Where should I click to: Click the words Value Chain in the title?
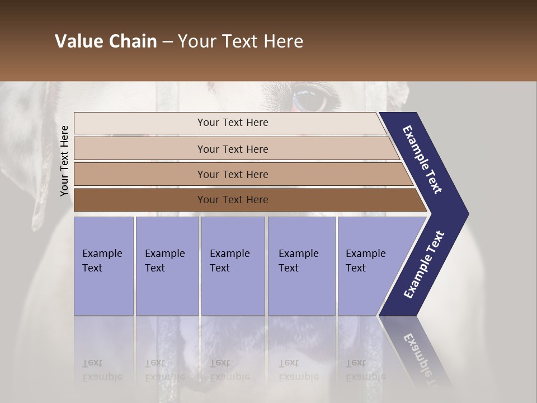[106, 41]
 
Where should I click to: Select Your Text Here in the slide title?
[241, 41]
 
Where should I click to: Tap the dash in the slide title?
[167, 42]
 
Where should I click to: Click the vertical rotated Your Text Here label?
[64, 161]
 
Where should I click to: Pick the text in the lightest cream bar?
[233, 123]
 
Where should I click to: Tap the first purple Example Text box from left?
[103, 265]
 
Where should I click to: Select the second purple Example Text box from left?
[167, 265]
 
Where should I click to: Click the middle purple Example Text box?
[233, 265]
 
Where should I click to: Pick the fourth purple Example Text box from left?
[302, 265]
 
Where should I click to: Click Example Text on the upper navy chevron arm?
[423, 160]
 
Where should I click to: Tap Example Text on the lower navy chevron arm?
[423, 265]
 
